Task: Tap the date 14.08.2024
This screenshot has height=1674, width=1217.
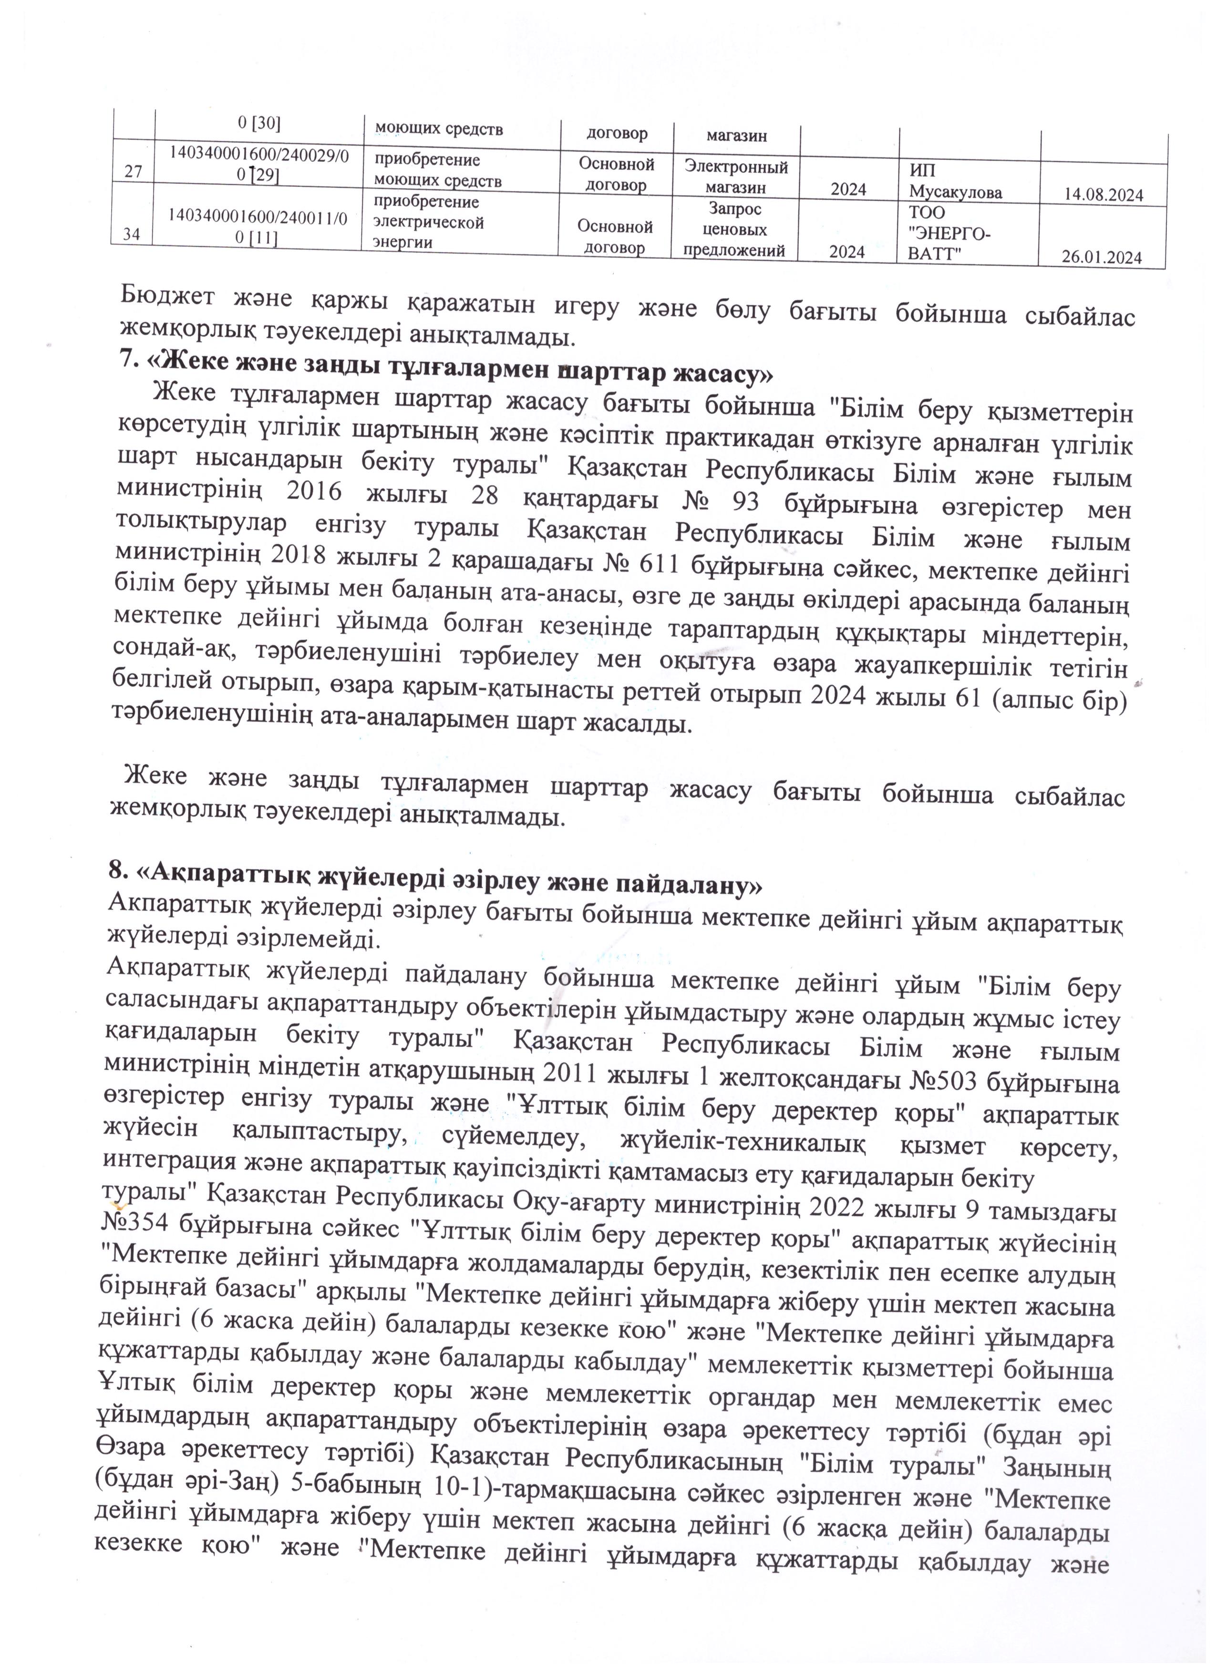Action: tap(1104, 196)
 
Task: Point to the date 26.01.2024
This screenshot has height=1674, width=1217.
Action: tap(1102, 258)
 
